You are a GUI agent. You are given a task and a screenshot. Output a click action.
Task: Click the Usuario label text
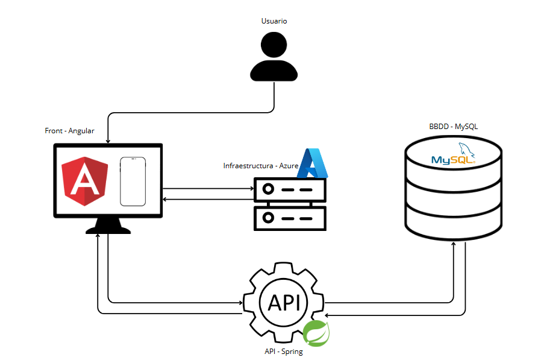click(274, 21)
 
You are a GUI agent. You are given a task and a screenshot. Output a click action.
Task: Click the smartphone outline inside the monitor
click(133, 182)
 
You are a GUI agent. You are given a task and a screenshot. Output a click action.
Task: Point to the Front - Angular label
click(70, 131)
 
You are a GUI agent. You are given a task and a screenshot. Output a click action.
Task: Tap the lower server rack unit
click(290, 217)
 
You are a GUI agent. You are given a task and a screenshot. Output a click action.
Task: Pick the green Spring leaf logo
click(316, 333)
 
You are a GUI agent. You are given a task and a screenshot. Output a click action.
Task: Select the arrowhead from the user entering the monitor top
click(108, 141)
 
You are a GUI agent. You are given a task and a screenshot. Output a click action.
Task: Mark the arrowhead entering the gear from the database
click(327, 314)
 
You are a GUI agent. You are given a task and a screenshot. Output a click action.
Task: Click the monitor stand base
click(108, 229)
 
